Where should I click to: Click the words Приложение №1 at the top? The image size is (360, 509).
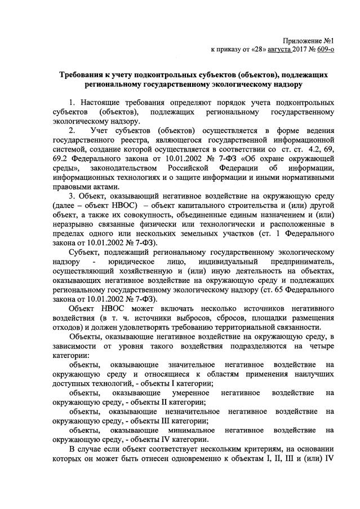click(x=308, y=41)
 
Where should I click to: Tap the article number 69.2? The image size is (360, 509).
click(x=59, y=159)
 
